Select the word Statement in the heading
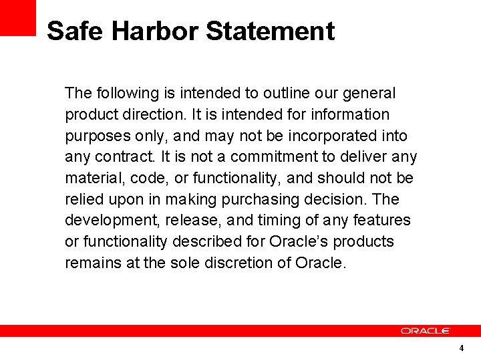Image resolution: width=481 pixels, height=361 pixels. coord(270,31)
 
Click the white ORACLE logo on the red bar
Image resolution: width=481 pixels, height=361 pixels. coord(426,330)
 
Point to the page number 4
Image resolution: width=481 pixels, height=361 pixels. coord(461,348)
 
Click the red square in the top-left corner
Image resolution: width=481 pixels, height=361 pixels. coord(17,17)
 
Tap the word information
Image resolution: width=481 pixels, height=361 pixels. coord(347,114)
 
